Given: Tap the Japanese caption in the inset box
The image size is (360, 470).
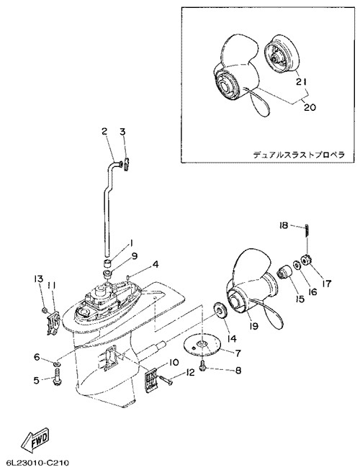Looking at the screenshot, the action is [x=299, y=155].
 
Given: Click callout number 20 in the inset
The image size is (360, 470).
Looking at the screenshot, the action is [x=309, y=107].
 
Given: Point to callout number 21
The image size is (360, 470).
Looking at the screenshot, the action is [x=302, y=81].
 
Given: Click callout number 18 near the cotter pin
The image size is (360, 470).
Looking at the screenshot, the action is [x=283, y=225].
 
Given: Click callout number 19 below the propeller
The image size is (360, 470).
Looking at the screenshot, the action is [x=254, y=325].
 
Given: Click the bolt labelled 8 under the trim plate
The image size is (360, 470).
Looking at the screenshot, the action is [x=203, y=366].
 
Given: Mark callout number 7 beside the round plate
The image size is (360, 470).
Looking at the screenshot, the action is [x=238, y=353].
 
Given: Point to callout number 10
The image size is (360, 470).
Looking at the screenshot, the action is [x=174, y=363].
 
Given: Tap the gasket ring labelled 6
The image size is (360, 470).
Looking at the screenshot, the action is [x=56, y=364].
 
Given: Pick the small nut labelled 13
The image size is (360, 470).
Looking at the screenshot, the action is [x=44, y=310].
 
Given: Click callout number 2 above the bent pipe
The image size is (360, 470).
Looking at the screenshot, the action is [x=104, y=131].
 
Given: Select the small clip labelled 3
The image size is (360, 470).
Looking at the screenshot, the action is [x=127, y=164].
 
